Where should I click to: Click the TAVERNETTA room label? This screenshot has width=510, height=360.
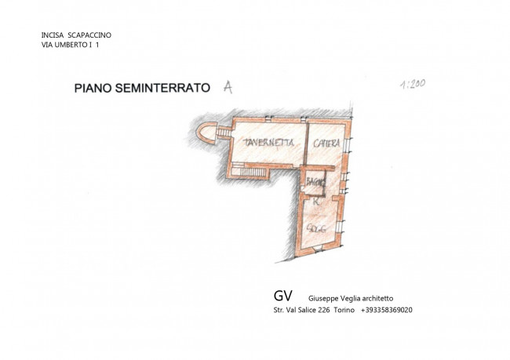coord(268,143)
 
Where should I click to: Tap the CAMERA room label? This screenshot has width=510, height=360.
coord(326,143)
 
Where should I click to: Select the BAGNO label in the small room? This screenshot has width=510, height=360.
coord(315,182)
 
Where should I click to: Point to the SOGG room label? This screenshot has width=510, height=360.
coord(316,227)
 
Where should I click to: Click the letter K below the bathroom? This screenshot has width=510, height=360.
coord(315,202)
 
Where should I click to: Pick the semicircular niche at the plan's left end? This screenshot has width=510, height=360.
coord(206,134)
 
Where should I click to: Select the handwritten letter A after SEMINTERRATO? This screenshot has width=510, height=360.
coord(228,88)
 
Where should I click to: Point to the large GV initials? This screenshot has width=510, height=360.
coord(283,296)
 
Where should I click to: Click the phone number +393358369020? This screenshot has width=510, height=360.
coord(387,310)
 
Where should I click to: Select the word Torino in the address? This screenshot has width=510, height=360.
coord(344,310)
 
